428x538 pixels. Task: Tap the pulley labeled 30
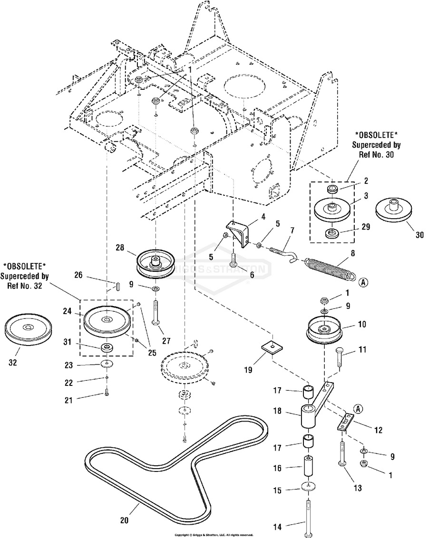point(394,210)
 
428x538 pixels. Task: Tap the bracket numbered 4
point(240,232)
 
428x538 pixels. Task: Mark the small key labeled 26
point(117,288)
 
